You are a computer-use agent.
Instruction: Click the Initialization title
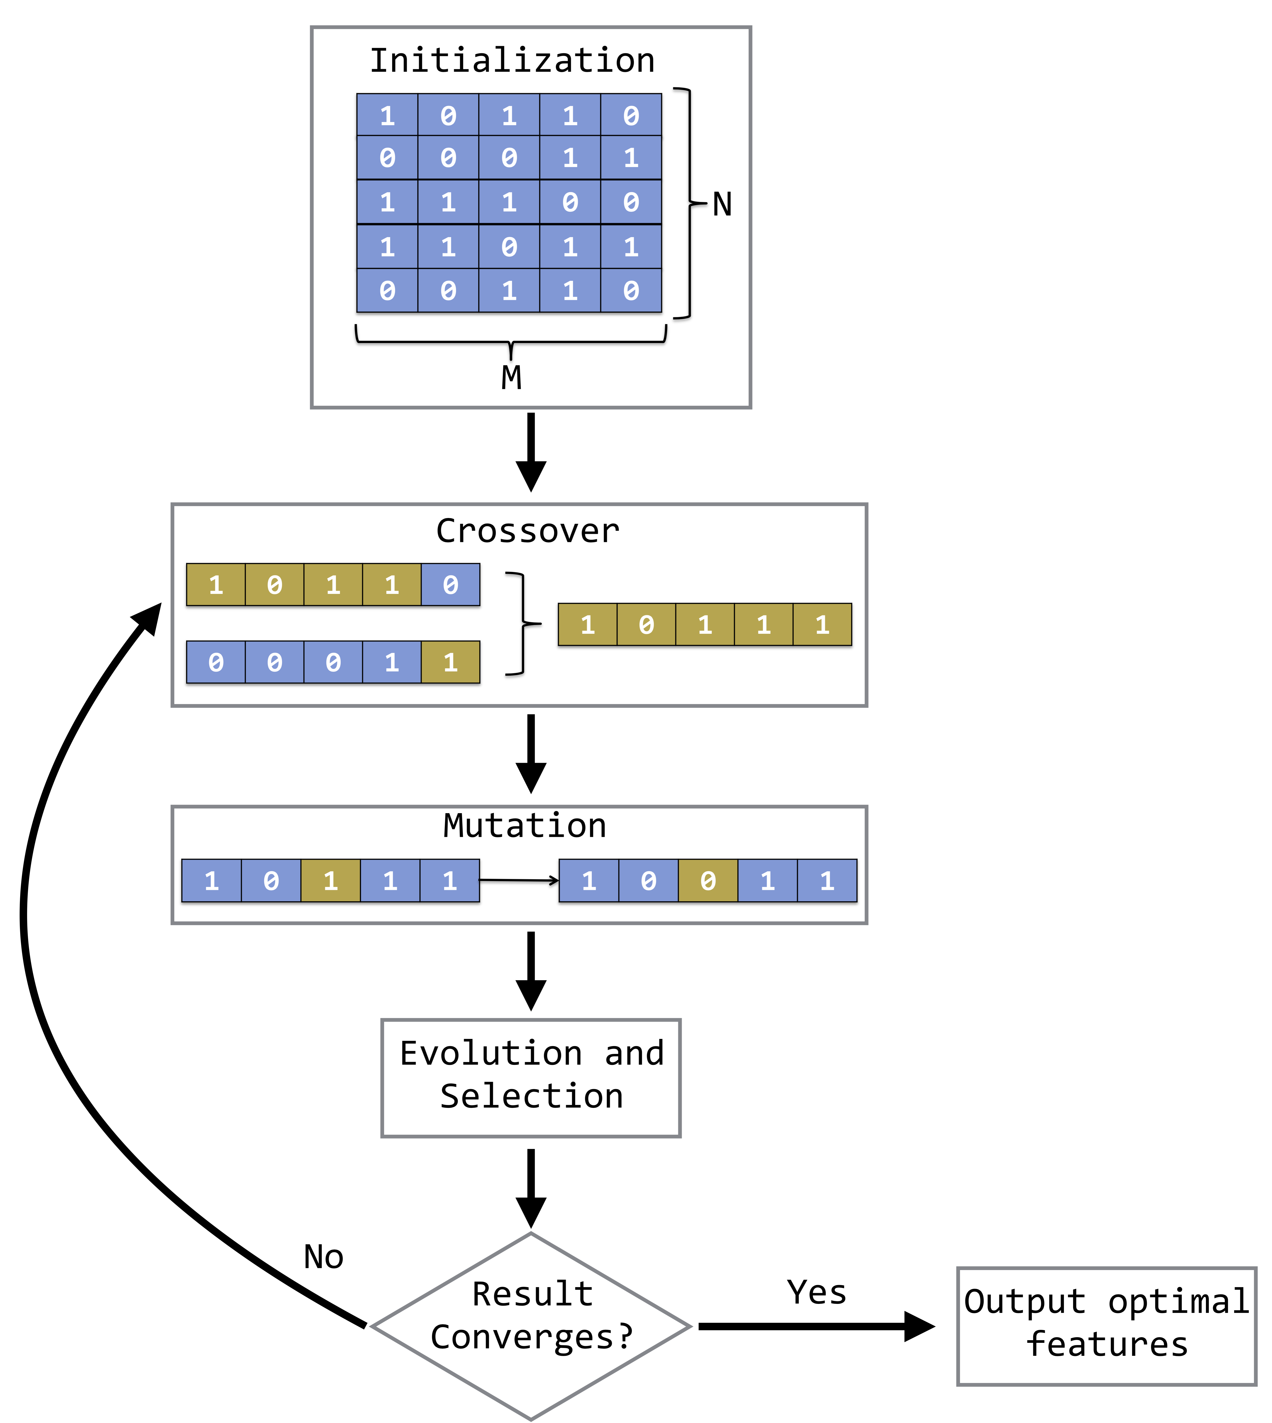(x=512, y=61)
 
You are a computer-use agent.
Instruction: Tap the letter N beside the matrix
(x=722, y=205)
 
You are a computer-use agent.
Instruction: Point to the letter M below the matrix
(x=511, y=377)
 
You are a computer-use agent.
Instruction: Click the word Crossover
(x=528, y=531)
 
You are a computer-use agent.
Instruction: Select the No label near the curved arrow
(x=324, y=1257)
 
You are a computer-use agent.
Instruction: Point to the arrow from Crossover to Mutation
(x=531, y=753)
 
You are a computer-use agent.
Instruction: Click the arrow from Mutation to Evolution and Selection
(x=531, y=970)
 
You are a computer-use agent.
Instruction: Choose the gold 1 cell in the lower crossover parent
(x=450, y=662)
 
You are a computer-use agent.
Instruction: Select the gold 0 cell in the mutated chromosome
(x=708, y=881)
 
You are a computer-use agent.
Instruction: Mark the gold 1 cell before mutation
(x=331, y=881)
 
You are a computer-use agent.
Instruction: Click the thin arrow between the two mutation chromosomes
(x=519, y=881)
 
